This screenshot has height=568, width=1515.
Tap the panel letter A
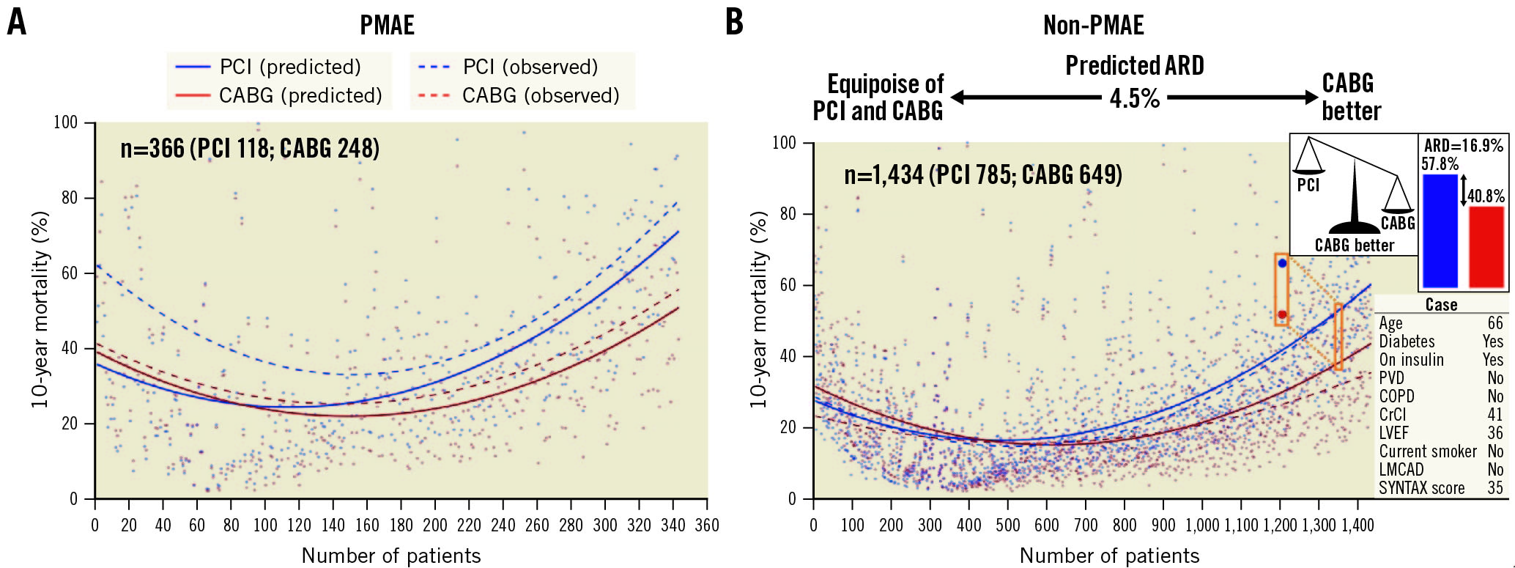16,22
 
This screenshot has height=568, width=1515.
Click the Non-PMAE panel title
1093,26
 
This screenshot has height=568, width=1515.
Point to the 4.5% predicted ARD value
1134,98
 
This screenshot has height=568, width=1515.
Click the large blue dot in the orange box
1282,263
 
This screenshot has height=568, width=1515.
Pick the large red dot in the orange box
1282,314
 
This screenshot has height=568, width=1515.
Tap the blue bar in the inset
1440,230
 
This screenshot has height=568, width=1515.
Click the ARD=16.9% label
1463,146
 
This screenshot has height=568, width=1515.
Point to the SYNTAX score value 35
1494,488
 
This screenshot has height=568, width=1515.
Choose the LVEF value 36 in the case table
1494,433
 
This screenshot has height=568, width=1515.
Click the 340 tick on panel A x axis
673,525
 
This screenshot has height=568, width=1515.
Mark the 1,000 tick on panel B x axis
1202,525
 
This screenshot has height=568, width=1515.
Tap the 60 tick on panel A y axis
69,273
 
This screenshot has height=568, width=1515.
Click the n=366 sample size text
250,149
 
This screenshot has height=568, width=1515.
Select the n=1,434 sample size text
982,175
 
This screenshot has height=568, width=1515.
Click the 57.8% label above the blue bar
1440,164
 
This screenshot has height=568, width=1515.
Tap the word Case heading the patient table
1441,305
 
